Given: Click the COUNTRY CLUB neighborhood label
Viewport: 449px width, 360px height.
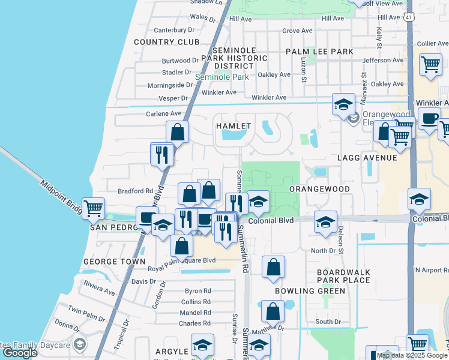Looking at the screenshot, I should point(166,42).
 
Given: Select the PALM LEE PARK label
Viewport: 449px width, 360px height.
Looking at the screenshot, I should point(319,52).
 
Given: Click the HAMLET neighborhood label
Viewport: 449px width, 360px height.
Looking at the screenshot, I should point(233,126).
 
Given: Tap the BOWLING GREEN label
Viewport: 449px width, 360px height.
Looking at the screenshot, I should point(310,291).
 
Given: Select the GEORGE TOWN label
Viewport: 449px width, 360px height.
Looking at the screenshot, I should point(114,262).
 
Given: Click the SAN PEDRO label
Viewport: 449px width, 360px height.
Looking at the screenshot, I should point(110,228).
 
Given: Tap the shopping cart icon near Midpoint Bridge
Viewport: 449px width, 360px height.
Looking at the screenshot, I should point(93,209).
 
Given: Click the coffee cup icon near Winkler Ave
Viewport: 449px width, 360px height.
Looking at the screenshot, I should point(429,118).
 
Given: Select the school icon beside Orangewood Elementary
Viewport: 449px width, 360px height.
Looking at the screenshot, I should point(343,104).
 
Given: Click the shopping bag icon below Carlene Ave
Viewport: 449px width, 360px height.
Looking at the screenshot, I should point(178,131).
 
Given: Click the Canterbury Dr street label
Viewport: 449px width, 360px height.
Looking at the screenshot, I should point(175,29).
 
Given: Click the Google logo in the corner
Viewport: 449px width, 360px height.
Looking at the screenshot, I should point(20,353).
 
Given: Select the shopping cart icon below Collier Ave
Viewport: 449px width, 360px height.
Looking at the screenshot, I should point(430,64).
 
